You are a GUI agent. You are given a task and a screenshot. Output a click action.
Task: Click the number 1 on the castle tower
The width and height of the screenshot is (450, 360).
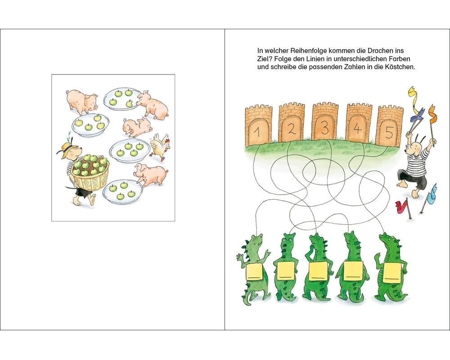pos(257,132)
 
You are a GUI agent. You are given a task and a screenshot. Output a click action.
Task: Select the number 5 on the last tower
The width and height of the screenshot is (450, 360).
pos(389,133)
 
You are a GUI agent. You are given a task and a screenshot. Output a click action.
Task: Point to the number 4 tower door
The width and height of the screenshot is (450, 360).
pos(357,129)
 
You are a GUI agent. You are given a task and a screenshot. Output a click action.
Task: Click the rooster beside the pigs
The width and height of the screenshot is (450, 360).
pos(160,147)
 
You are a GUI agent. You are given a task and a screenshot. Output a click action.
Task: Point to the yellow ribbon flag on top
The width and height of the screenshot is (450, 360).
pos(414,96)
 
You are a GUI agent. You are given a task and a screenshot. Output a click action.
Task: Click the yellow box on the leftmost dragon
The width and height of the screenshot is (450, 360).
pos(255,272)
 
